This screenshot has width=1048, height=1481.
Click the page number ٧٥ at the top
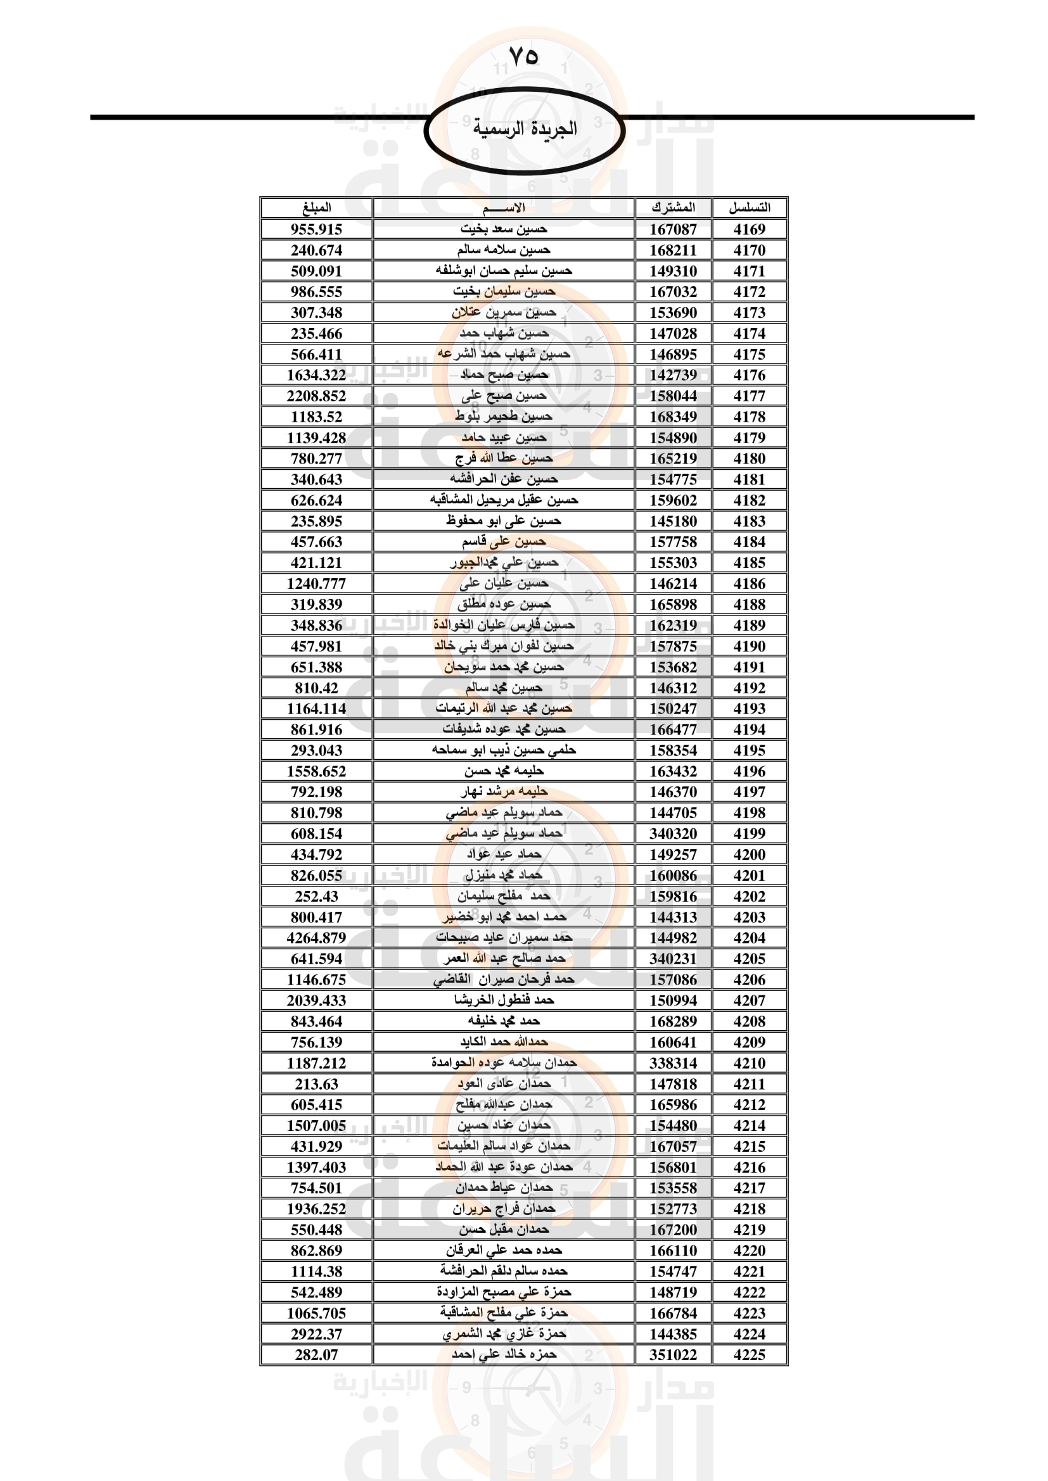click(523, 56)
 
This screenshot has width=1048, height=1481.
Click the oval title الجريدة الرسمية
click(524, 129)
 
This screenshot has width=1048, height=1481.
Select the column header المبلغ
click(316, 208)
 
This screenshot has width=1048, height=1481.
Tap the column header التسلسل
click(749, 208)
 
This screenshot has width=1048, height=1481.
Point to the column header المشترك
click(673, 208)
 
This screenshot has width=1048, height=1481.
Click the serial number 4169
click(749, 229)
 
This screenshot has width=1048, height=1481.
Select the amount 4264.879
click(316, 938)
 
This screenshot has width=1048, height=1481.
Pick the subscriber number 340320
click(673, 833)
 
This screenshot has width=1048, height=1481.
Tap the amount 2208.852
click(316, 396)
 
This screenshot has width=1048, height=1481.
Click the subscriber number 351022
click(673, 1354)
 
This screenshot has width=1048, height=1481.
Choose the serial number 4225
click(749, 1354)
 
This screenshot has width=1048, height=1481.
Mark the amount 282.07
click(316, 1354)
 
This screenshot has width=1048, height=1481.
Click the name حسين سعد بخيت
click(503, 229)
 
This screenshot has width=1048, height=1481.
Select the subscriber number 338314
click(673, 1063)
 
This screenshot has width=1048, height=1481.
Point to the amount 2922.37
click(316, 1334)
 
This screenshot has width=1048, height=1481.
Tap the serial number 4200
click(749, 855)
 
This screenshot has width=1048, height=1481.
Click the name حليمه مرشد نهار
click(503, 792)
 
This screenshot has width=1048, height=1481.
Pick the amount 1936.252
click(316, 1209)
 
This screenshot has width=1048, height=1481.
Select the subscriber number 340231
click(673, 959)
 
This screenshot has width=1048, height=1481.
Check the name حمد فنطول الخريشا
click(503, 1000)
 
